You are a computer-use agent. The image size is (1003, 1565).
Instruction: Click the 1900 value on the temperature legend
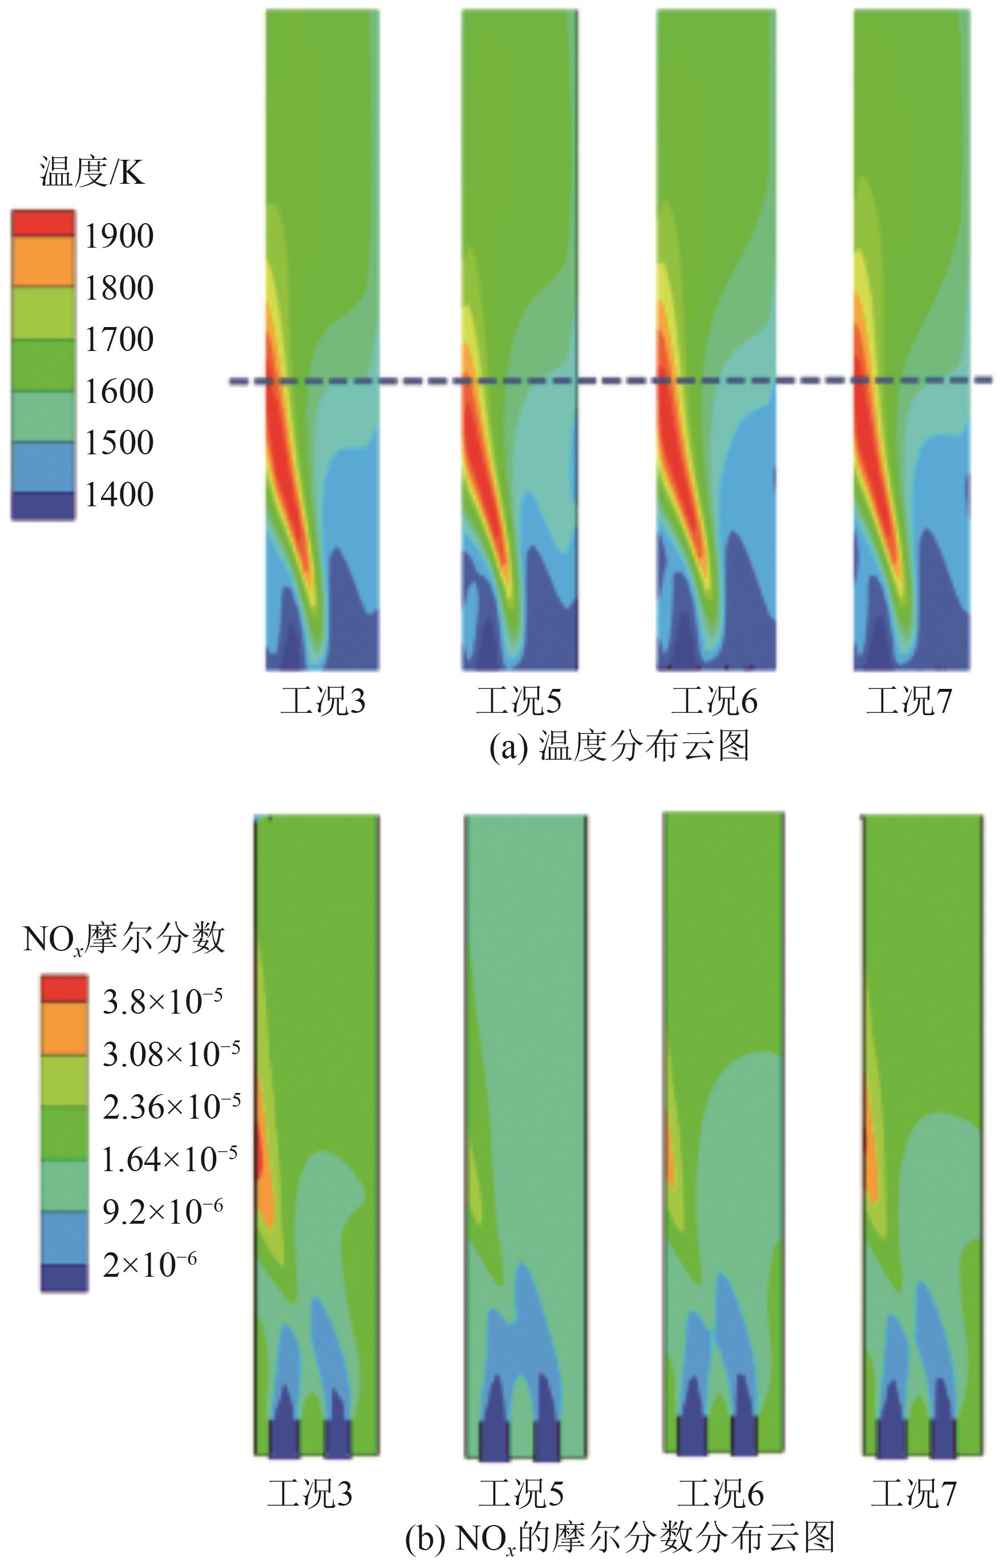tap(119, 236)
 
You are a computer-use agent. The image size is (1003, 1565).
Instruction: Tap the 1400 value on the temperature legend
tap(119, 494)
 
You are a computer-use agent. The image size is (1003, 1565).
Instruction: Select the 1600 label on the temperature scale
tap(119, 391)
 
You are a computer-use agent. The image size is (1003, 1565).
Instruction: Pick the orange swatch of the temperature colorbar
tap(43, 261)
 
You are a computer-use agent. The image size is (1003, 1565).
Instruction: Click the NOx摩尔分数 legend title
tap(124, 939)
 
